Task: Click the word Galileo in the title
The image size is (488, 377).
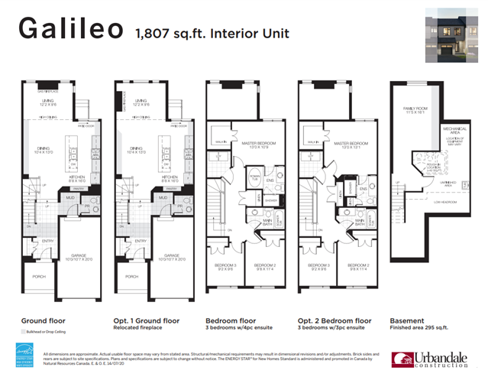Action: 70,30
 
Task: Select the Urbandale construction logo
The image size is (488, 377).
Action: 427,359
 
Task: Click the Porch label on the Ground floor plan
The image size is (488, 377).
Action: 36,277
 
